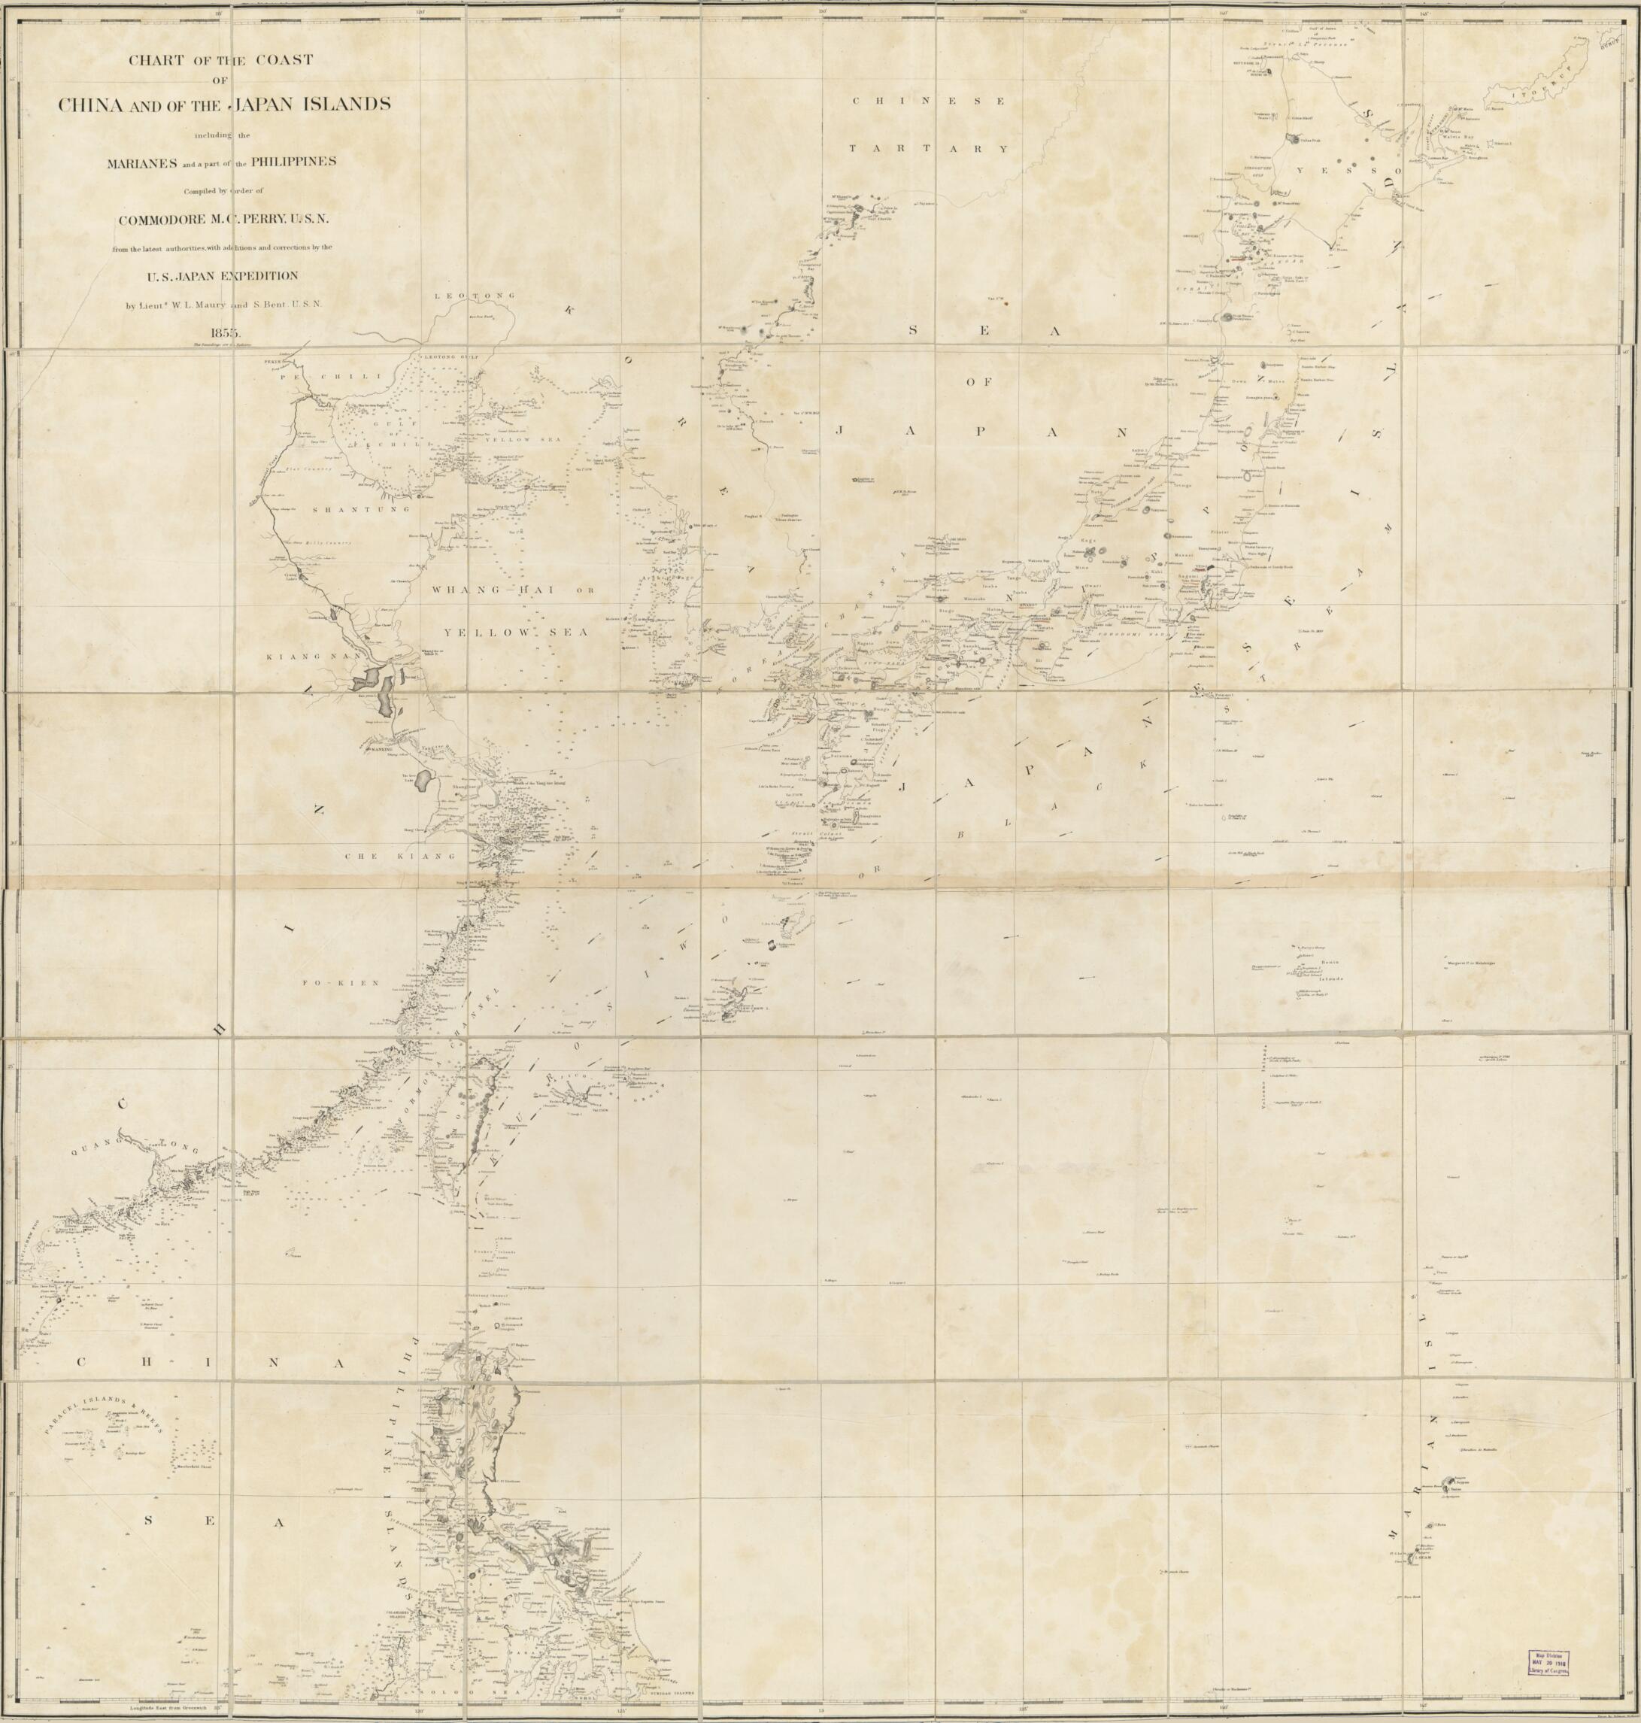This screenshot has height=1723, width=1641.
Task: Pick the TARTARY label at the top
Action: (x=929, y=150)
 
